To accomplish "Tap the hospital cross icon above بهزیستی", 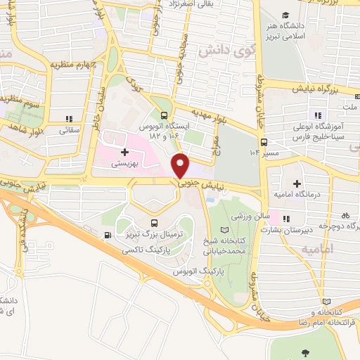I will coord(124,151).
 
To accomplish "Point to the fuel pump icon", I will coord(106,236).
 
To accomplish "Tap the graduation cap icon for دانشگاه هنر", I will coord(285,15).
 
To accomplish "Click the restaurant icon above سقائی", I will coord(68,119).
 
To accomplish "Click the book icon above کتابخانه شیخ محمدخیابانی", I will coord(224,230).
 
